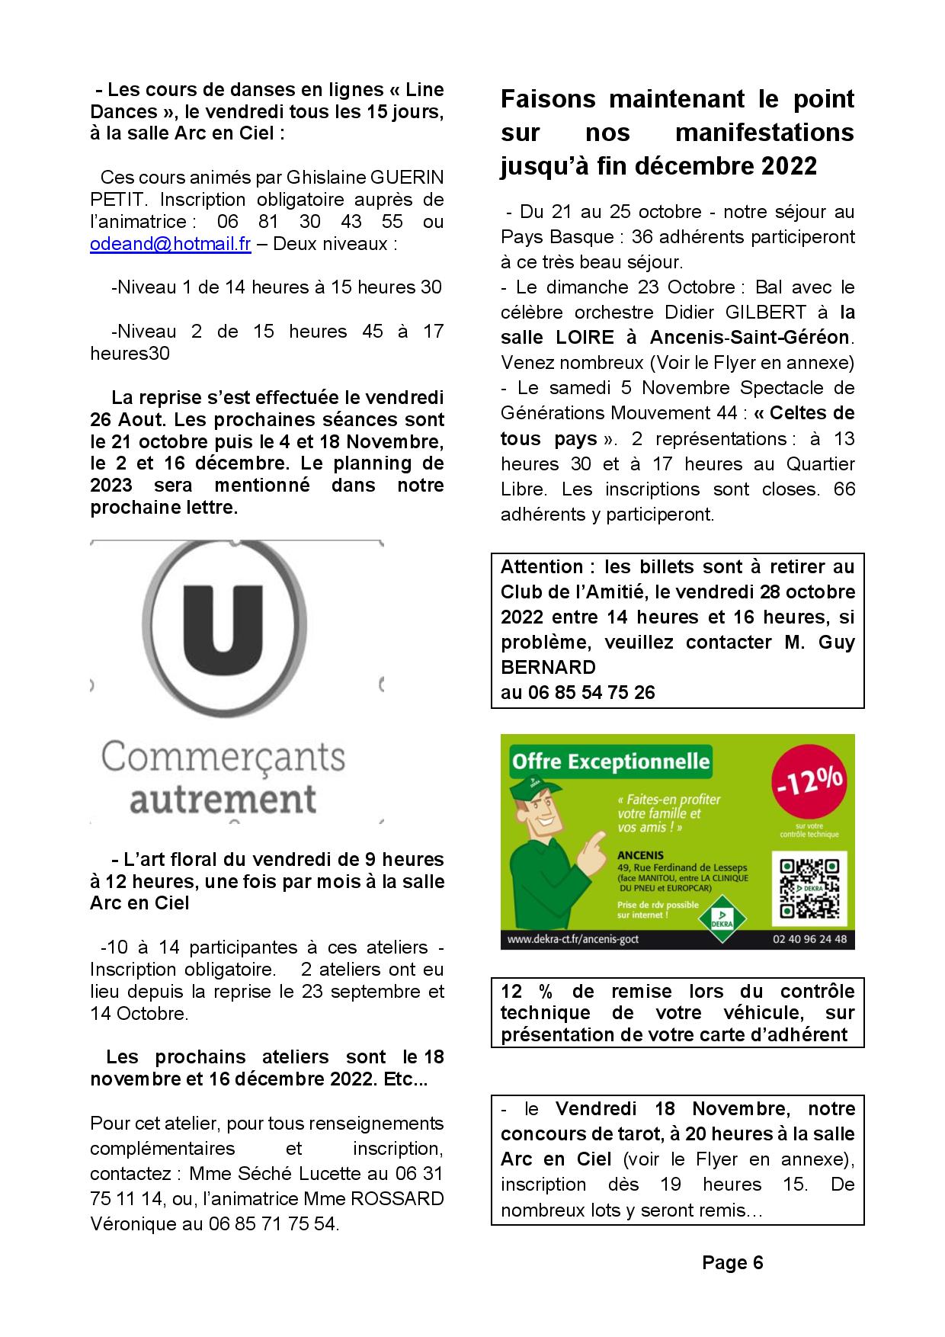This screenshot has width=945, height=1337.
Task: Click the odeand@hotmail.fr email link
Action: click(x=171, y=244)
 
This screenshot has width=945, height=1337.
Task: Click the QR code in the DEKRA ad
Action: click(x=809, y=889)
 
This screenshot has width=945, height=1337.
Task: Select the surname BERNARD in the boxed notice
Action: click(x=548, y=667)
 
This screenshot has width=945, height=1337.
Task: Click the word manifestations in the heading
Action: click(x=764, y=133)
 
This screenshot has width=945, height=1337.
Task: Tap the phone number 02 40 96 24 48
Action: click(x=809, y=939)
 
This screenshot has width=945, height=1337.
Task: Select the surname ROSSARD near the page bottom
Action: click(x=396, y=1198)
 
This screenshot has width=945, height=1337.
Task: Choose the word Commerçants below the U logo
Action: click(x=223, y=757)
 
